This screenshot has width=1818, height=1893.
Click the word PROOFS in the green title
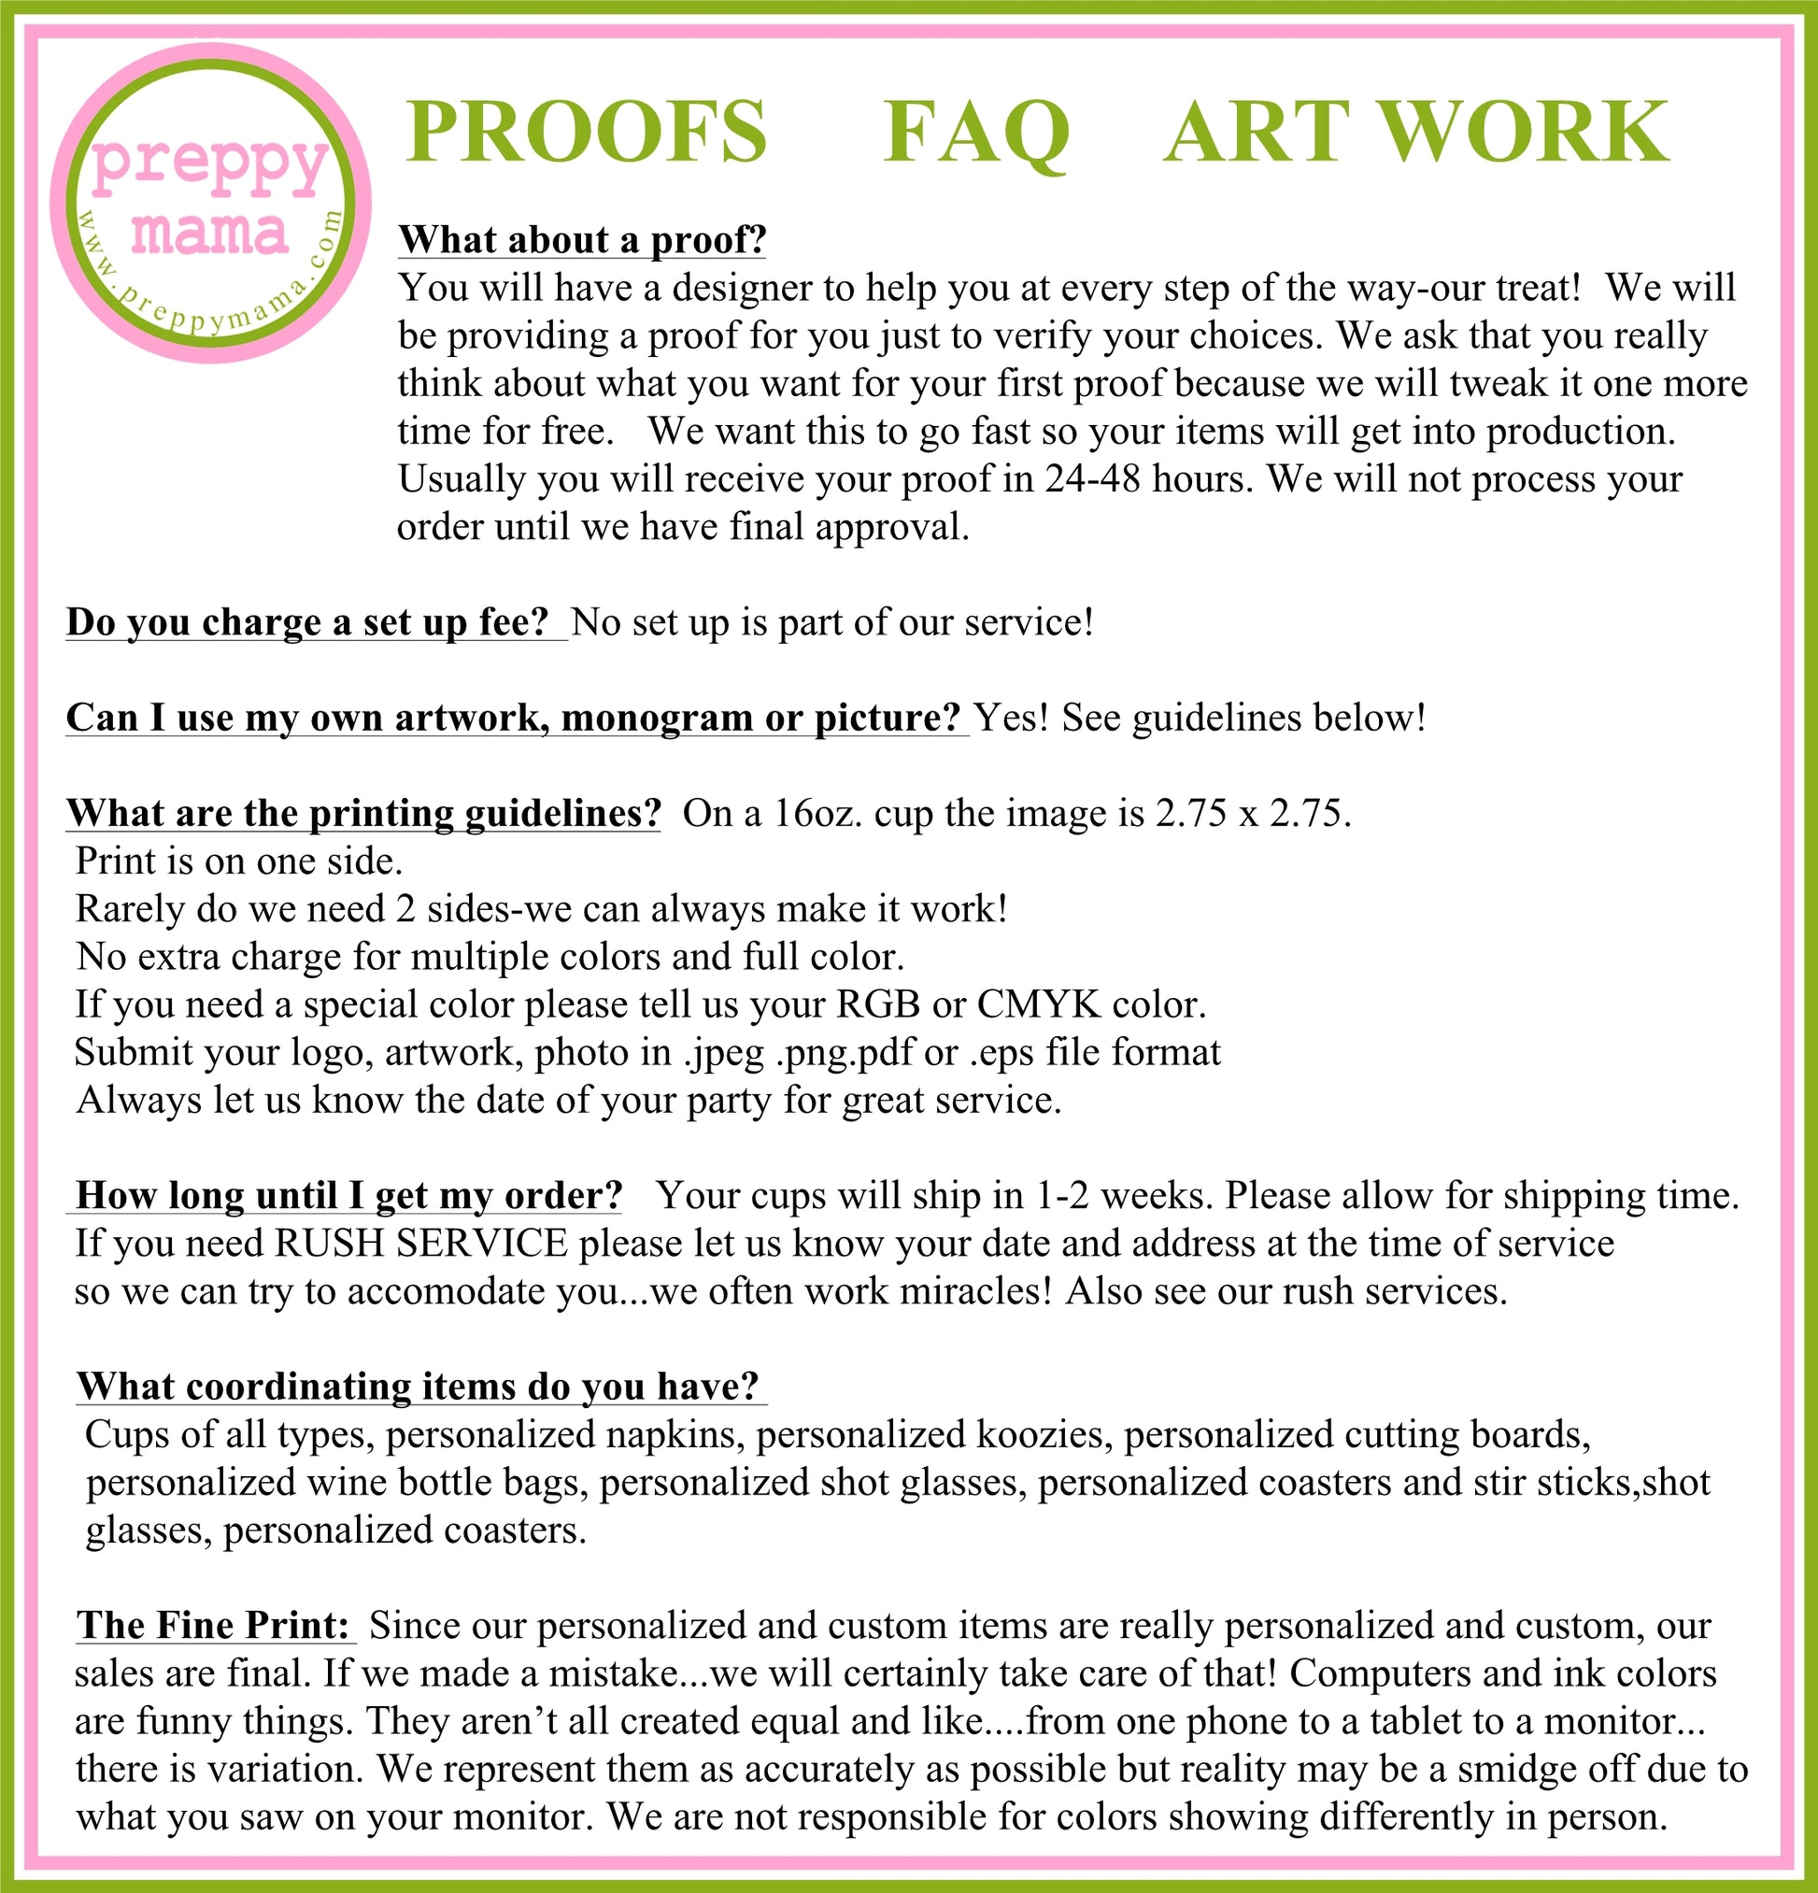(586, 133)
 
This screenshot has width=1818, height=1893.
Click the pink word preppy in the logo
(210, 165)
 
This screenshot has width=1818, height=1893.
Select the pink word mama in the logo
(209, 232)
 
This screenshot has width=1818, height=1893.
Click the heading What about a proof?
(582, 239)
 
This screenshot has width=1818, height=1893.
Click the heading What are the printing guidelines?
(364, 813)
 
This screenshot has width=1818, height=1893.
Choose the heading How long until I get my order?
(349, 1196)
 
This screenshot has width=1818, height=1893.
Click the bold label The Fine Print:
(213, 1626)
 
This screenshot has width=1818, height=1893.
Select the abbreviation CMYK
(1039, 1004)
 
